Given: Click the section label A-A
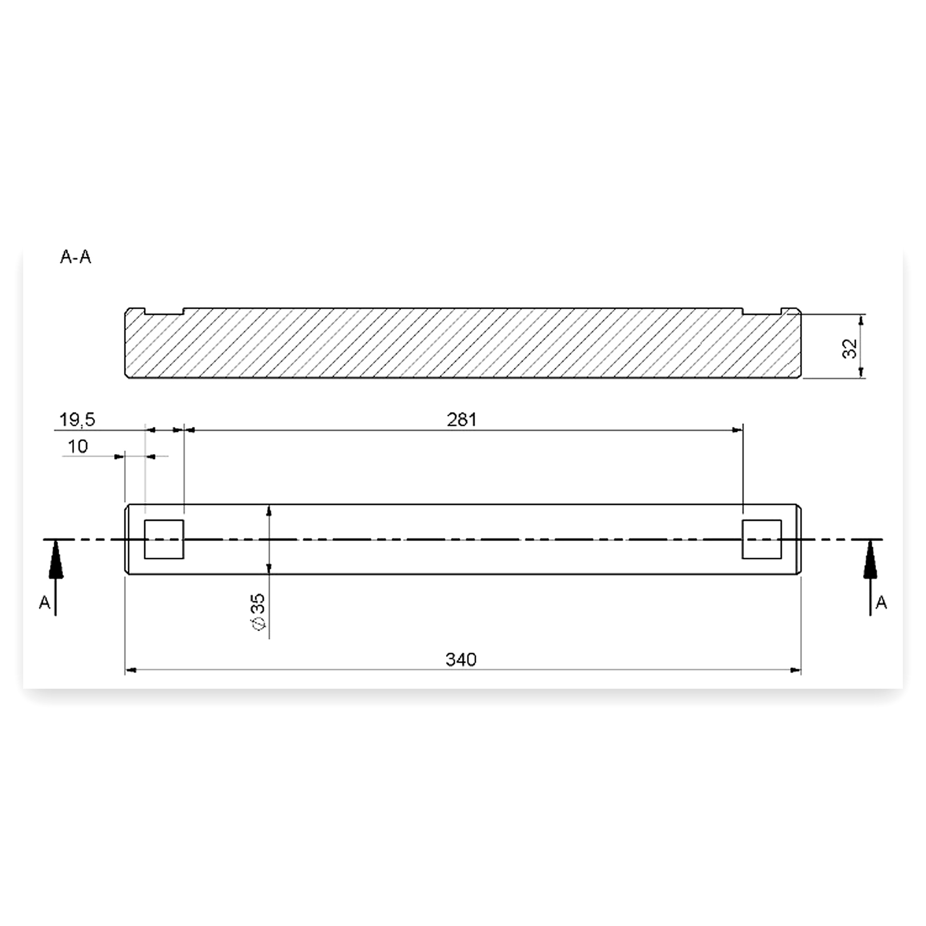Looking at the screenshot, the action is [75, 257].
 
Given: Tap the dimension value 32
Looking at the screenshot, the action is [850, 348].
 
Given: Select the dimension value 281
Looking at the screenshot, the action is [462, 420].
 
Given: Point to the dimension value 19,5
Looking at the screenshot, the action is [77, 420].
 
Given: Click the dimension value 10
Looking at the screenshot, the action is [78, 447].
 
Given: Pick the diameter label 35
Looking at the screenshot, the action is [258, 612].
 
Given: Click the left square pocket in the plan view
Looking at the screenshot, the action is [164, 539].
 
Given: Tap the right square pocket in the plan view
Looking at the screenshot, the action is [762, 539].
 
